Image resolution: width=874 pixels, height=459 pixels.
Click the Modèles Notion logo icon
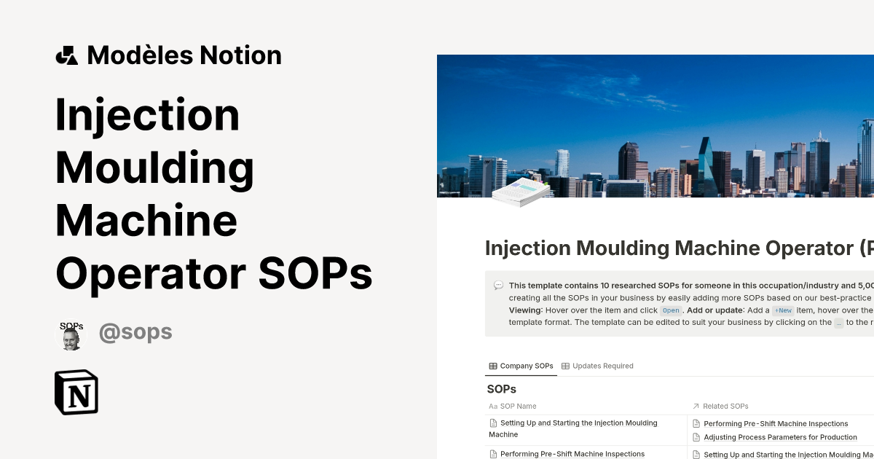pos(66,55)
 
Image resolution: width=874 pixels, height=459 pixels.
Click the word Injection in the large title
pos(147,114)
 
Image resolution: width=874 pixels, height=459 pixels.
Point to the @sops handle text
pos(135,333)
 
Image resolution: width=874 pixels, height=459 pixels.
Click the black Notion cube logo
pos(76,392)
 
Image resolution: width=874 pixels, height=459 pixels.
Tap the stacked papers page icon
pos(520,192)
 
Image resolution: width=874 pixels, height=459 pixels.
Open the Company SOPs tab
pos(521,366)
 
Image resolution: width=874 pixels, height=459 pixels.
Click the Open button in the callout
pos(671,310)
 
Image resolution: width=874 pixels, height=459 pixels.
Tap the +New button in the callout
pos(783,310)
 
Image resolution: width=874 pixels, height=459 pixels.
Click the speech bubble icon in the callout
pos(498,286)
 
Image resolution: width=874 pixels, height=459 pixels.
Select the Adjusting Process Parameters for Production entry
pos(780,437)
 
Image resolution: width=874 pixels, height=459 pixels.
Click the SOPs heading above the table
pos(501,389)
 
